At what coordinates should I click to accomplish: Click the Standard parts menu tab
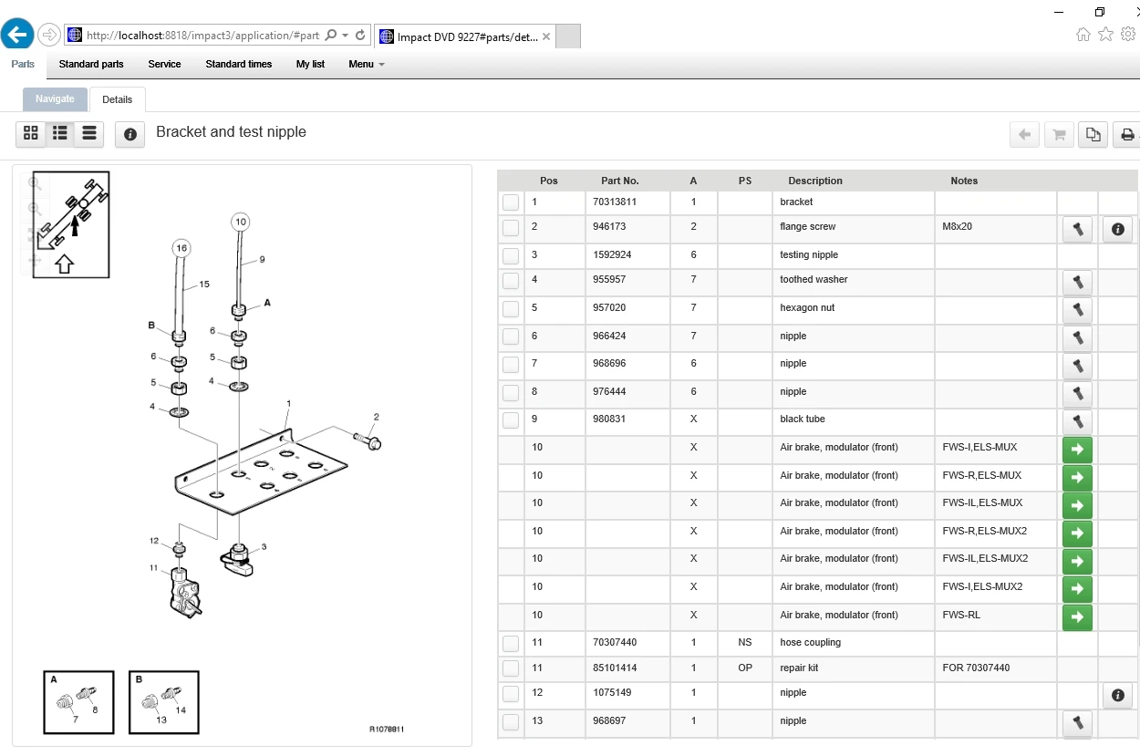91,65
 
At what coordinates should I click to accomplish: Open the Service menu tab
164,65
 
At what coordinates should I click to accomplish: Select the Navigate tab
55,99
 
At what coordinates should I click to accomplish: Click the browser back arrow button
17,36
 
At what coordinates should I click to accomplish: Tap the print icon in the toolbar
1127,135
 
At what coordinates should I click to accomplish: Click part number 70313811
615,202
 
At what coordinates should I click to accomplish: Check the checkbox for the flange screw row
511,228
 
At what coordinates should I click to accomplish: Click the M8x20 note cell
958,227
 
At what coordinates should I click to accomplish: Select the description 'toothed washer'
814,280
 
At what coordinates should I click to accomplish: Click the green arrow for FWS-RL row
1077,617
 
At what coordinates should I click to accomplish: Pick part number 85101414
615,668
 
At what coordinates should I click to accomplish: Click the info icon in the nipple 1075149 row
1117,696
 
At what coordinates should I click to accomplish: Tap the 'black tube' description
803,419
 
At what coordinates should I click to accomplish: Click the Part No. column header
620,181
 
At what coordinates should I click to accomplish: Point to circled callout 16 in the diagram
181,248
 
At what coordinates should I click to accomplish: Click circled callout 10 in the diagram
240,222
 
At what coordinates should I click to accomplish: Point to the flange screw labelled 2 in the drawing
371,442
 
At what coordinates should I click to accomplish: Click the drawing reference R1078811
387,730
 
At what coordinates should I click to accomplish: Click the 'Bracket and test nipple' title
231,132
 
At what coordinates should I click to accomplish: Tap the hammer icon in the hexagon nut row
1077,310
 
